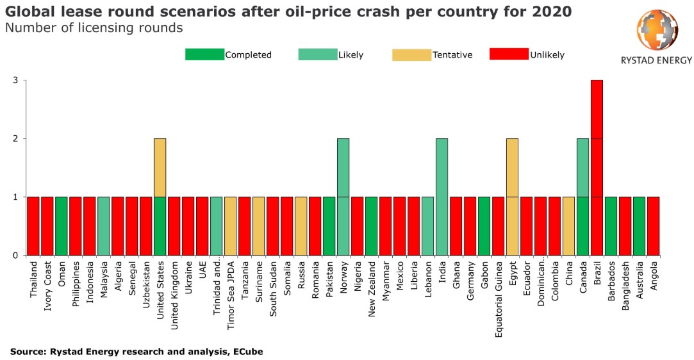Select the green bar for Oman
point(61,225)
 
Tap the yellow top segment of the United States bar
point(160,167)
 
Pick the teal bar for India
point(442,197)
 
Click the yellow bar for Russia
point(301,225)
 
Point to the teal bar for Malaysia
point(104,225)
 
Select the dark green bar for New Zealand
point(371,225)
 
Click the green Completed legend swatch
point(204,54)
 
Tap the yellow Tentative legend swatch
point(411,54)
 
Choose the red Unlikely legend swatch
point(509,54)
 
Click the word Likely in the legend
point(351,55)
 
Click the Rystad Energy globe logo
point(656,31)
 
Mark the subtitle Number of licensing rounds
point(94,28)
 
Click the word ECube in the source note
point(248,352)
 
